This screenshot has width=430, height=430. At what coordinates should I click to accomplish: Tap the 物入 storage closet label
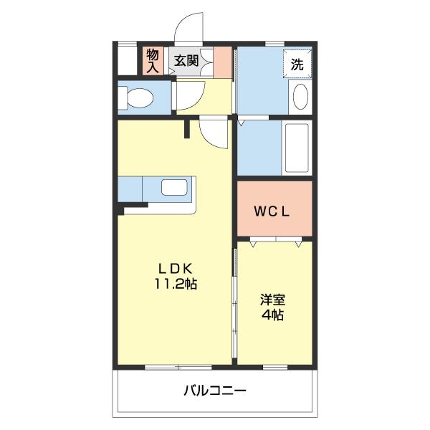pyautogui.click(x=153, y=60)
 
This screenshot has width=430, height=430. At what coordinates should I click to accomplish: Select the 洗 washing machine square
pyautogui.click(x=297, y=62)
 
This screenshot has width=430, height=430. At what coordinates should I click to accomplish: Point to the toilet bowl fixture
pyautogui.click(x=137, y=97)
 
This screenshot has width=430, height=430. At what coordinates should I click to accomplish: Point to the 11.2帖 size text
pyautogui.click(x=175, y=283)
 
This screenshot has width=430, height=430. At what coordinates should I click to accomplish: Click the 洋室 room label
pyautogui.click(x=272, y=300)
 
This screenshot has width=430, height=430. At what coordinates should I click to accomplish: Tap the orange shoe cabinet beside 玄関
pyautogui.click(x=223, y=62)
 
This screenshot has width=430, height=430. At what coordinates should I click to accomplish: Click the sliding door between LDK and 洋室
pyautogui.click(x=234, y=301)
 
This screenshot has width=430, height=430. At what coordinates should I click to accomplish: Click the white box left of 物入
pyautogui.click(x=127, y=61)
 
